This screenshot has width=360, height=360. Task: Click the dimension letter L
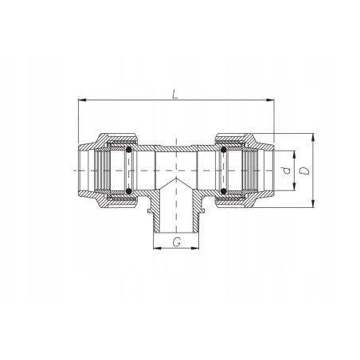(174, 94)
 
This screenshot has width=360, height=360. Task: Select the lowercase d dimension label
(287, 170)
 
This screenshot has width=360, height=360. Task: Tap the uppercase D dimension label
(304, 170)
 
